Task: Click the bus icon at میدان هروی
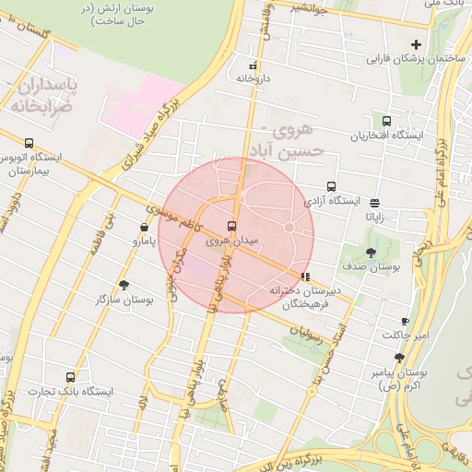[231, 226]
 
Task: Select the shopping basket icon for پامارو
[144, 228]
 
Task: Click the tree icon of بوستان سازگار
[124, 286]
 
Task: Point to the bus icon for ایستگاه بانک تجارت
[71, 377]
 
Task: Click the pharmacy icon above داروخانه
[254, 65]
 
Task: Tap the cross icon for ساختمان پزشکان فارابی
[416, 44]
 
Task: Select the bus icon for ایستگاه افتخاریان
[385, 121]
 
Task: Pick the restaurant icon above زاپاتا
[374, 203]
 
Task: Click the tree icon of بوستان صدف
[371, 252]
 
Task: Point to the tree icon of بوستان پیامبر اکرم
[399, 358]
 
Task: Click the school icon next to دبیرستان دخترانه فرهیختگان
[305, 276]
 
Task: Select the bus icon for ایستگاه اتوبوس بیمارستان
[29, 143]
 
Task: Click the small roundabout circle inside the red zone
[289, 227]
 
